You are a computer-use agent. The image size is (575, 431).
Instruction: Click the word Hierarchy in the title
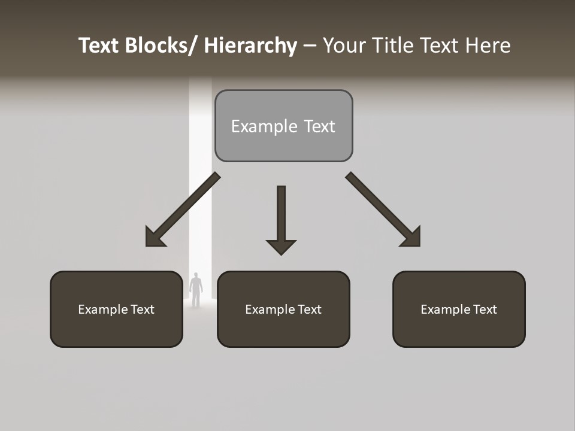(x=250, y=46)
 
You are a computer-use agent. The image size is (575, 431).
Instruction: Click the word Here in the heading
(x=489, y=46)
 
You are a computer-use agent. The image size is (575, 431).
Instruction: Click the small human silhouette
(x=196, y=290)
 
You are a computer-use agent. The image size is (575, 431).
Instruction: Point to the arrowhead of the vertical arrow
(x=281, y=247)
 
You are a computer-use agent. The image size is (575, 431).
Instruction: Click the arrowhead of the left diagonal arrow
(x=155, y=238)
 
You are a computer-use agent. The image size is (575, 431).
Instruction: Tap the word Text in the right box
(x=484, y=309)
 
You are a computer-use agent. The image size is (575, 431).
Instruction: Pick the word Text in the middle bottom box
(x=308, y=309)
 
